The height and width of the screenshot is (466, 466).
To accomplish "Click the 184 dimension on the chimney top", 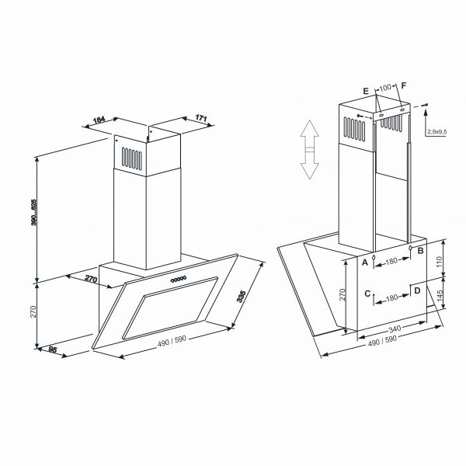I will pyautogui.click(x=99, y=120).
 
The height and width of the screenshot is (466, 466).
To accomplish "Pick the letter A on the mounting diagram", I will pyautogui.click(x=364, y=263).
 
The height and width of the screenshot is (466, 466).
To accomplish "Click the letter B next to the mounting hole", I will pyautogui.click(x=420, y=251).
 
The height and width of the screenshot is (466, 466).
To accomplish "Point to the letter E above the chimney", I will pyautogui.click(x=366, y=91).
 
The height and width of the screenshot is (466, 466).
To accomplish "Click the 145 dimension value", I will pyautogui.click(x=440, y=295).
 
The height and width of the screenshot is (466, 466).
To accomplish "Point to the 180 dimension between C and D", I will pyautogui.click(x=392, y=297).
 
